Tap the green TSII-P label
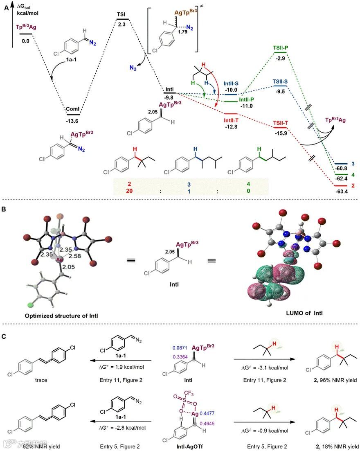tap(280, 47)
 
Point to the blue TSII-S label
tap(280, 82)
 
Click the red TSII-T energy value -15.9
tap(281, 133)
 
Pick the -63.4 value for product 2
tap(341, 191)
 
